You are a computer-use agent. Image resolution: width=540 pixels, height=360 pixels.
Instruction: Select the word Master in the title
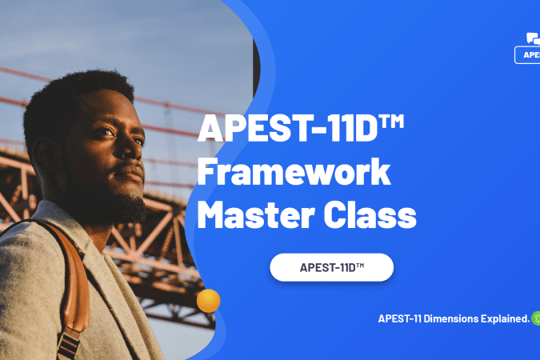252,214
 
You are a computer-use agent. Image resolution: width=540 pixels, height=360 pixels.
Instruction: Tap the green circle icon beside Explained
536,318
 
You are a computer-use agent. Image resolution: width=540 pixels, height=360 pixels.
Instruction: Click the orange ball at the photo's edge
208,300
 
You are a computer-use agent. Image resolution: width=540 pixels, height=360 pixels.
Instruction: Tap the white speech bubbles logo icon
534,38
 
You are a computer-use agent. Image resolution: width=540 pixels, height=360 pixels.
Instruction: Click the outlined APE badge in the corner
528,54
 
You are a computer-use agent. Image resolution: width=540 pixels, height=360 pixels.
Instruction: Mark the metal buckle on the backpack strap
67,340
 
